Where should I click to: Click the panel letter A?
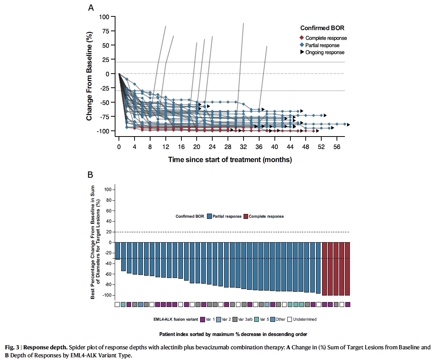tap(91, 7)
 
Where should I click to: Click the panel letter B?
tap(91, 176)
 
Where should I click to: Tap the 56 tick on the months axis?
tap(337, 147)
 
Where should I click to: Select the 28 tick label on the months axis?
tap(228, 147)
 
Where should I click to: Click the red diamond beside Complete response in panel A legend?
tap(301, 38)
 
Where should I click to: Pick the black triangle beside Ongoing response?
tap(301, 52)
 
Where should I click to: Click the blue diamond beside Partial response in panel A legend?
tap(301, 45)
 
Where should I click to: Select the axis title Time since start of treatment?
tap(230, 159)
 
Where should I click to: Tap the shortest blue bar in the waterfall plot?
tap(117, 251)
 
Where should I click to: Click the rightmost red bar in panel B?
tap(348, 268)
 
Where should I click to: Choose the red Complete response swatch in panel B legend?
tap(245, 216)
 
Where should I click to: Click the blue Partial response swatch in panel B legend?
tap(209, 216)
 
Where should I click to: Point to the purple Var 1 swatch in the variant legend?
tap(202, 319)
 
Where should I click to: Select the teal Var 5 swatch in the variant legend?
tap(257, 319)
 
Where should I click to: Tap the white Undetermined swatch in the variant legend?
tap(290, 319)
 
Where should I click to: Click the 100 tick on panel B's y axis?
tap(107, 190)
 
